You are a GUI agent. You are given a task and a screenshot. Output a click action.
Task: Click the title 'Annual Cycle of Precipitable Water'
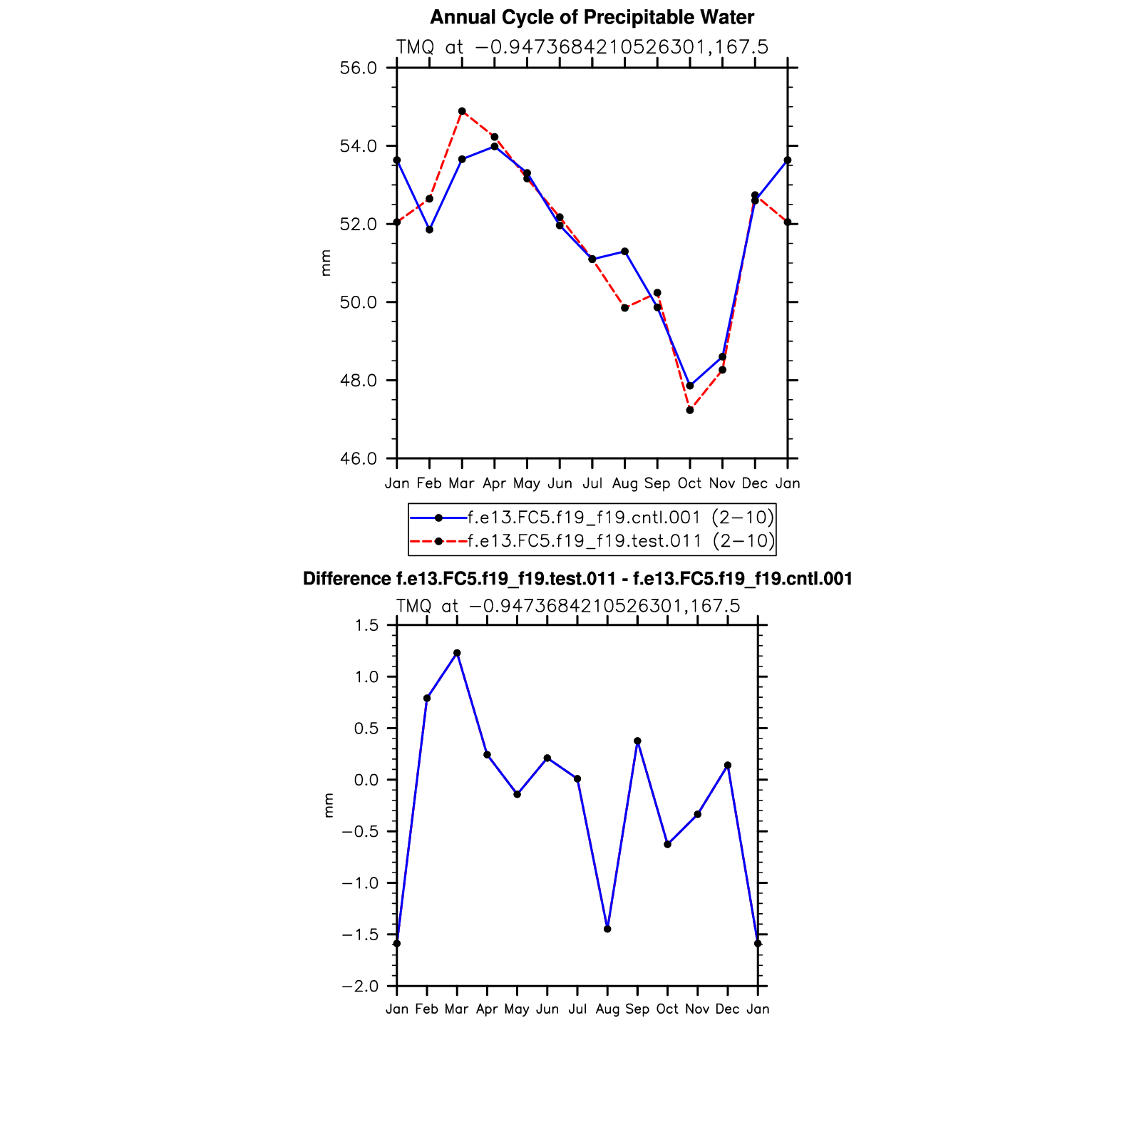pyautogui.click(x=592, y=17)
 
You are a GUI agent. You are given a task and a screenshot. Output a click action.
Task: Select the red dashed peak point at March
pyautogui.click(x=462, y=111)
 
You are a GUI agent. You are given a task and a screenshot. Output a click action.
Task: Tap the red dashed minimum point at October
pyautogui.click(x=690, y=410)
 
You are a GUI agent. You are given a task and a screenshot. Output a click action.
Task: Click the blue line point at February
pyautogui.click(x=429, y=230)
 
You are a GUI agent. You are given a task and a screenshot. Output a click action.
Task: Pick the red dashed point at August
pyautogui.click(x=625, y=308)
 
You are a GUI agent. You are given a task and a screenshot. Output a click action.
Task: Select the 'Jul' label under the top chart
pyautogui.click(x=592, y=483)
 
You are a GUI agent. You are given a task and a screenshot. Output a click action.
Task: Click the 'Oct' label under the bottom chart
pyautogui.click(x=667, y=1009)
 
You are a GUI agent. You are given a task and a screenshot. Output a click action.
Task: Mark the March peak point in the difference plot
pyautogui.click(x=457, y=653)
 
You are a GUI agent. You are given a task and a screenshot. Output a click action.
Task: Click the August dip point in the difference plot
pyautogui.click(x=607, y=929)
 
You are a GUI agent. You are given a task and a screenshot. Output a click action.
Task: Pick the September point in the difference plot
pyautogui.click(x=637, y=741)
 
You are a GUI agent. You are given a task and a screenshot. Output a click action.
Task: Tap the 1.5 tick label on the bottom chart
pyautogui.click(x=366, y=626)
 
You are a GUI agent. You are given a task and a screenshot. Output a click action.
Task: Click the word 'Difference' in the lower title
pyautogui.click(x=346, y=579)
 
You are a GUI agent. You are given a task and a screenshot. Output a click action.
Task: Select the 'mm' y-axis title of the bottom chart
pyautogui.click(x=329, y=806)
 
